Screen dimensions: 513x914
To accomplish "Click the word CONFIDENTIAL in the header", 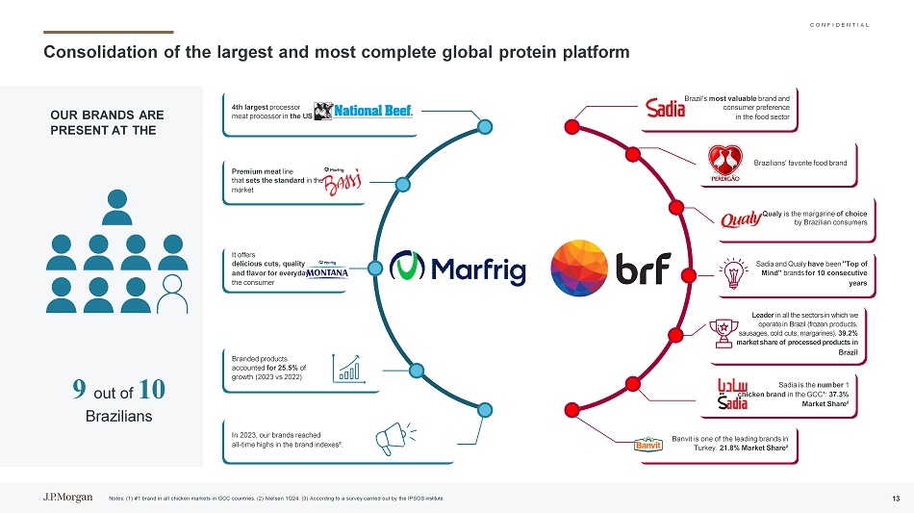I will (833, 24).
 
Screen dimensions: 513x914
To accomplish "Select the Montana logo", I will (328, 270).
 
